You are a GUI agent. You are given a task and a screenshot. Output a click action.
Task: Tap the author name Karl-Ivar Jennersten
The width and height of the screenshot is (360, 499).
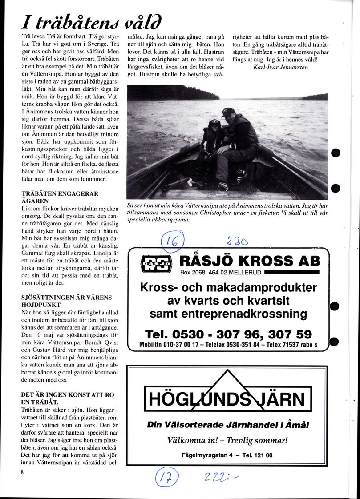coord(280,68)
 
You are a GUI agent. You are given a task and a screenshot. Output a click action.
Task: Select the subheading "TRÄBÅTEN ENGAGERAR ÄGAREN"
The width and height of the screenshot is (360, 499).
coord(60,197)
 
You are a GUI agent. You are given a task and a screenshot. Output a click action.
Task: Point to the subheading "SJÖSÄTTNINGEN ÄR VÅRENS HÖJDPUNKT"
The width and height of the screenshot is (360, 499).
coord(66,301)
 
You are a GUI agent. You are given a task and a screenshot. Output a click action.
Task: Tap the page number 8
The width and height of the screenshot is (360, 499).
coord(21,472)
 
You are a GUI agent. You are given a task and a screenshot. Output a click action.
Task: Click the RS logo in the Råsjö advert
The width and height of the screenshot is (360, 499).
coord(156,263)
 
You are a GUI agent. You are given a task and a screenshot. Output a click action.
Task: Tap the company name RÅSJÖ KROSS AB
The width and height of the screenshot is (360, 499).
coord(250,261)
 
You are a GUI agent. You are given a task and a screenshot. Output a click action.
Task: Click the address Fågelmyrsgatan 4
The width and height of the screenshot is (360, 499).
coord(207,455)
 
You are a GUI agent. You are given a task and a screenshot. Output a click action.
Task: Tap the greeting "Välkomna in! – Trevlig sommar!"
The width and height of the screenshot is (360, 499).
coord(227,441)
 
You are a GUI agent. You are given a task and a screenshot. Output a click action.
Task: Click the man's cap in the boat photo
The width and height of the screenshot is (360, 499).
coord(228,112)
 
